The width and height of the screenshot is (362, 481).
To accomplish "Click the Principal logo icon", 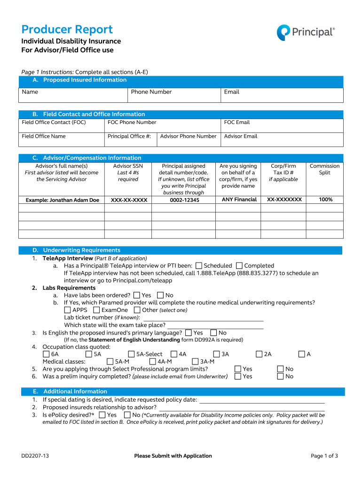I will coord(283,32).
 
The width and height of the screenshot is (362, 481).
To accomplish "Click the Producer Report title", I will coord(67,29).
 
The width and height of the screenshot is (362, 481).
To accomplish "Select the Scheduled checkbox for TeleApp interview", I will coord(199,266).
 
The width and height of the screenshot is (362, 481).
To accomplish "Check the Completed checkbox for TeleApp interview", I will coord(239,266).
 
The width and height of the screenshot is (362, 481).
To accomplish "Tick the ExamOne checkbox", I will coord(97,310).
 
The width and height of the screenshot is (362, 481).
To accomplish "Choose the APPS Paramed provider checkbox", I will coord(68,310).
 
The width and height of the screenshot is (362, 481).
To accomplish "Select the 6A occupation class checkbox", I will coord(46,354).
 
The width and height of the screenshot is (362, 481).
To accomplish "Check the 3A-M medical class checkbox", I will coord(196,362).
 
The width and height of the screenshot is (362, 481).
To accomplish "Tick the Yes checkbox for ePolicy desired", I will coord(102,415).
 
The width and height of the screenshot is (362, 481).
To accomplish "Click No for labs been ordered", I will coord(160,295).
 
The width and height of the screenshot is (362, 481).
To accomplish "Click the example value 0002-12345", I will coord(184,200).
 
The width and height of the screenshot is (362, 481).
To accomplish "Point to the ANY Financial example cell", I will coord(239,200).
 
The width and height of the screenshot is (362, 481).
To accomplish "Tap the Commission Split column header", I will coord(324,169).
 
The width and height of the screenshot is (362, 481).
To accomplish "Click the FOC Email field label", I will coord(237,123).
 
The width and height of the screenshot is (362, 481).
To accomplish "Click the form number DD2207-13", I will coord(35,456).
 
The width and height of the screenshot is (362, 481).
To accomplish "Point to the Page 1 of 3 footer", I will coord(324,456).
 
